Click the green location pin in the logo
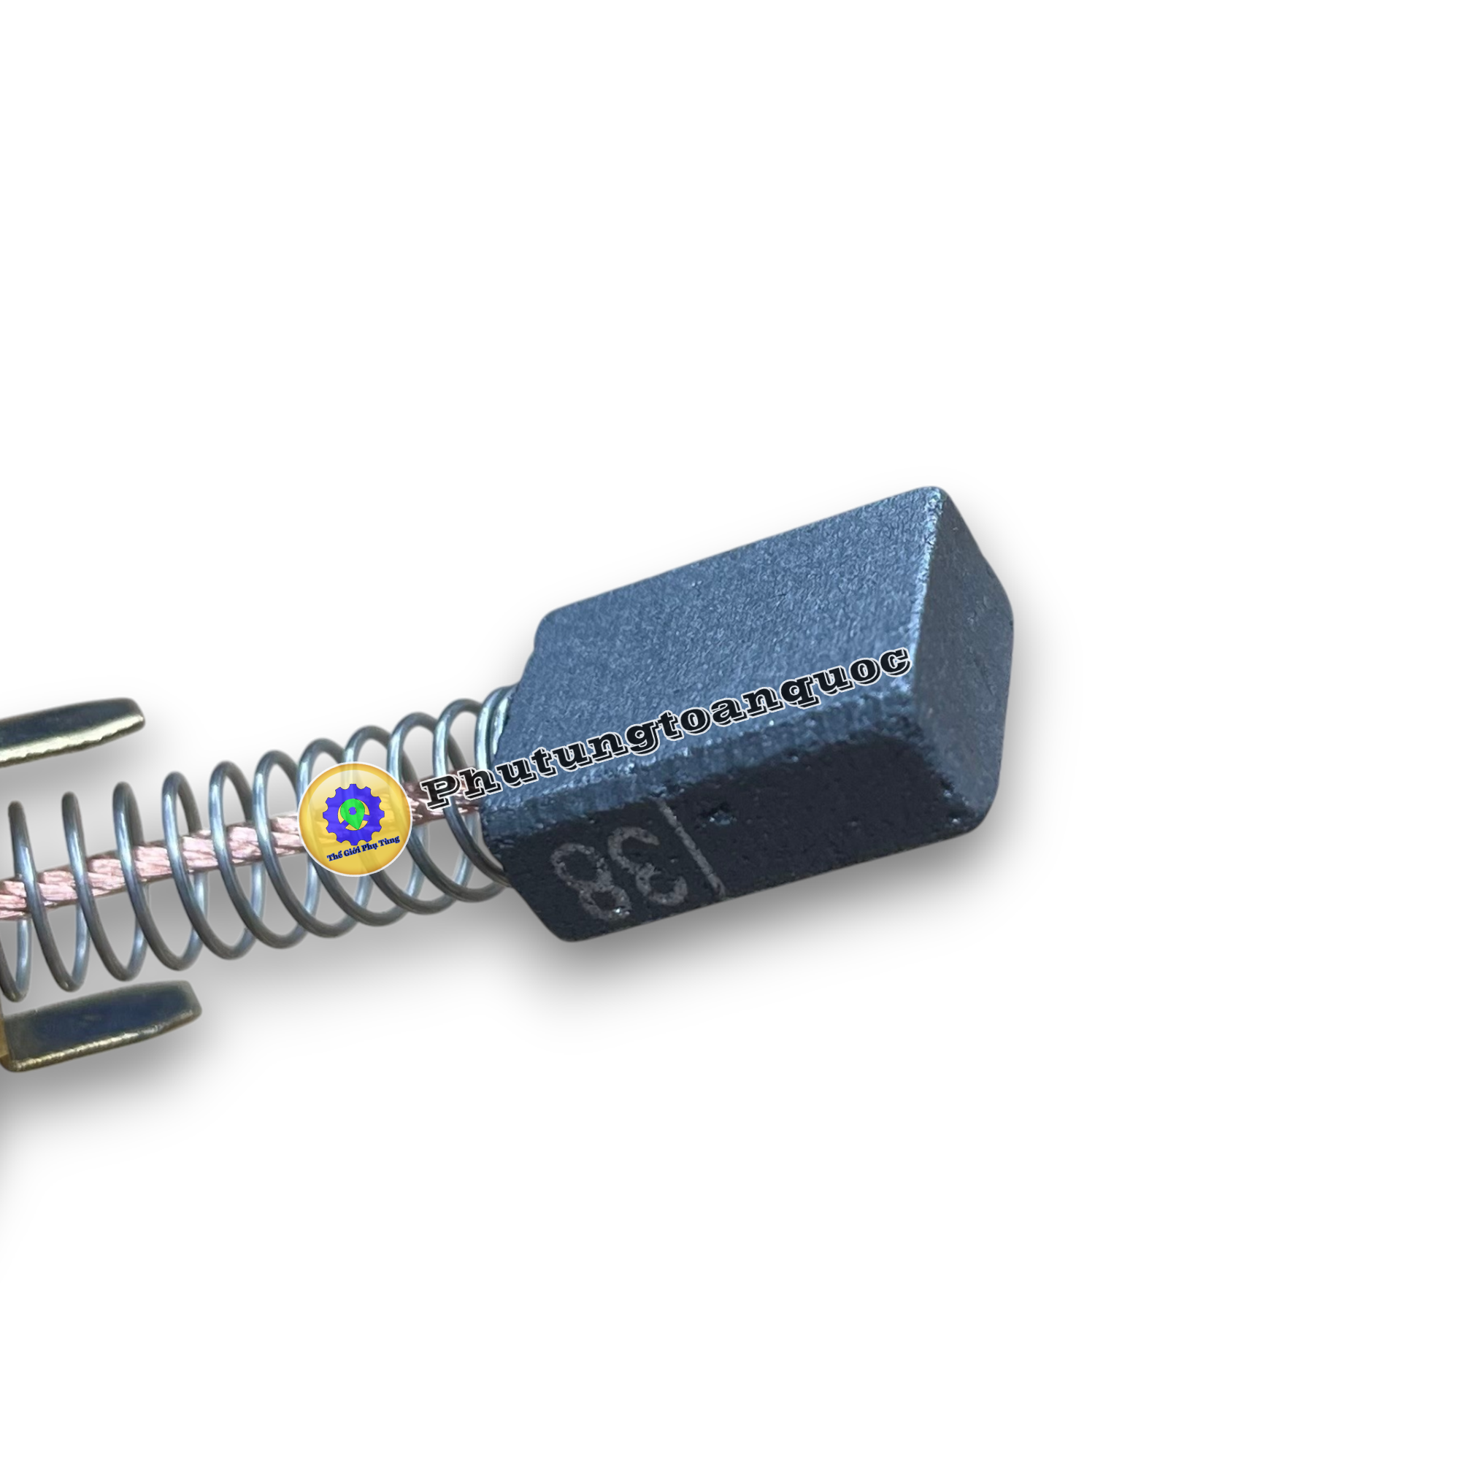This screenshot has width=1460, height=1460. [350, 814]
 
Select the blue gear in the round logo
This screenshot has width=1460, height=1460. [353, 815]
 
